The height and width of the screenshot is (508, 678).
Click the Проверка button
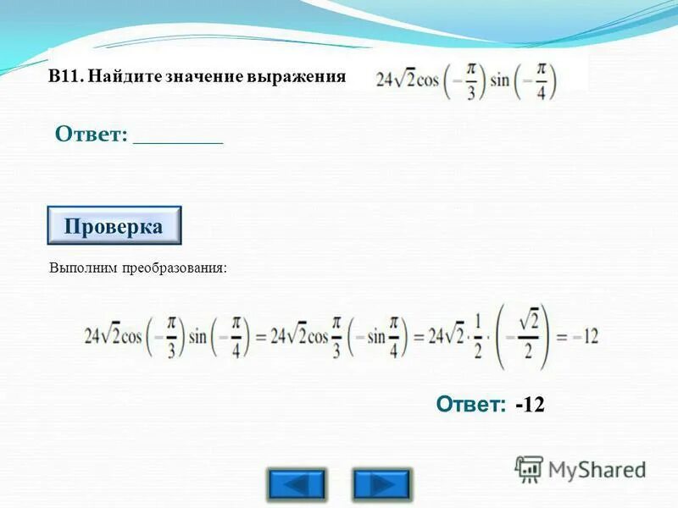tap(114, 227)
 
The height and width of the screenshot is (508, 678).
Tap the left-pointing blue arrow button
tap(296, 484)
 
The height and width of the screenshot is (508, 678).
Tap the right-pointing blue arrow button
tap(381, 484)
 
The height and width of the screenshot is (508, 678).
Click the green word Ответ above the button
tap(91, 134)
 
